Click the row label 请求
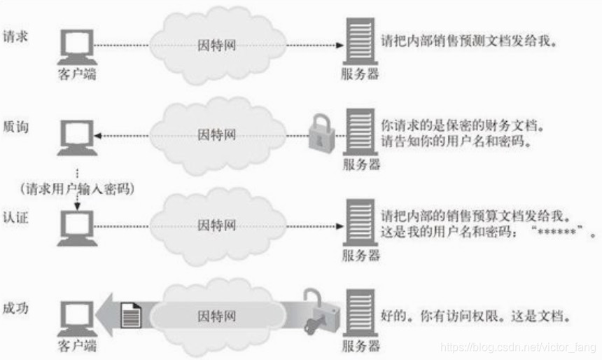pyautogui.click(x=16, y=35)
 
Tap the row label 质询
pyautogui.click(x=16, y=128)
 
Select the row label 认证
pyautogui.click(x=16, y=213)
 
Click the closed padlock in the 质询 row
pyautogui.click(x=321, y=131)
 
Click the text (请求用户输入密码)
pyautogui.click(x=77, y=189)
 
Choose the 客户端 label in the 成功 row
pyautogui.click(x=77, y=346)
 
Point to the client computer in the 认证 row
pyautogui.click(x=75, y=225)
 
